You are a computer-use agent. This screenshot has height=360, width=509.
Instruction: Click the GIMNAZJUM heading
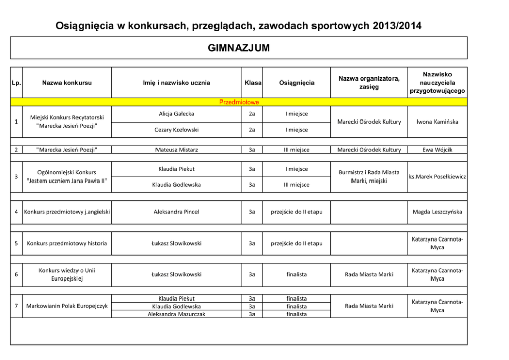(x=239, y=48)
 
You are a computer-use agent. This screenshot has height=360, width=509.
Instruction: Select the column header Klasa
(x=252, y=83)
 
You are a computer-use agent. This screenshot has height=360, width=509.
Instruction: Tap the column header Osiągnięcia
(x=297, y=83)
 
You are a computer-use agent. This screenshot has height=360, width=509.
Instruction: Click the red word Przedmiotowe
(x=239, y=102)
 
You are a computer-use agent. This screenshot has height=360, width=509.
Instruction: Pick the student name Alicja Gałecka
(x=177, y=113)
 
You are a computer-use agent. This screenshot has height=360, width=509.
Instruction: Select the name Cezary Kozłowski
(x=177, y=130)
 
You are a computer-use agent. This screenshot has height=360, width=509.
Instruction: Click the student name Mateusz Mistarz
(x=177, y=150)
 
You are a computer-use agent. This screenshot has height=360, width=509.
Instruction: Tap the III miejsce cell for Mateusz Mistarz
(x=297, y=150)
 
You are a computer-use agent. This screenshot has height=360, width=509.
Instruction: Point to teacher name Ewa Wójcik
(x=437, y=150)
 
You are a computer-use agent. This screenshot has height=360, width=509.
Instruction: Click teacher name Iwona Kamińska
(x=437, y=122)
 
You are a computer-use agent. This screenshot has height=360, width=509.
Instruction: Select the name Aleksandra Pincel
(x=177, y=212)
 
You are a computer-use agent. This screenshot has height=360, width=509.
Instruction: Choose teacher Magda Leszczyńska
(x=437, y=212)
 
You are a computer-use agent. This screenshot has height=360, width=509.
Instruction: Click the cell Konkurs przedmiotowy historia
(x=67, y=243)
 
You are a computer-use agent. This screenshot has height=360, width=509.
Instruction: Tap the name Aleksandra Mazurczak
(x=177, y=314)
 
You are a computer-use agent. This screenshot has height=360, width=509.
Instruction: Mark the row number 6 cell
(x=17, y=274)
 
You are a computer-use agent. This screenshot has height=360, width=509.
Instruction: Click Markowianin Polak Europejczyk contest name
(x=67, y=306)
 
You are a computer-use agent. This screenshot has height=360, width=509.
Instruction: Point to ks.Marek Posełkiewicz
(x=437, y=177)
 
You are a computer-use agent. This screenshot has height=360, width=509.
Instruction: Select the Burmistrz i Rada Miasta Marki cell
(x=369, y=176)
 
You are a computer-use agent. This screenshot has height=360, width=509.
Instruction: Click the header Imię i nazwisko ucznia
(x=177, y=83)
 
